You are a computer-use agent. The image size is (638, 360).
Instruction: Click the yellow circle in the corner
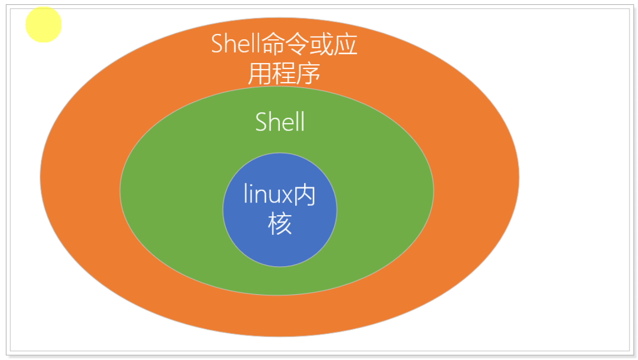[x=43, y=24]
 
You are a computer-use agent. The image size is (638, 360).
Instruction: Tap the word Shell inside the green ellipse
[x=280, y=122]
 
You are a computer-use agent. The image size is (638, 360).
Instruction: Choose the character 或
[x=323, y=45]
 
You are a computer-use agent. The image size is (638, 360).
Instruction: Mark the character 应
[x=347, y=45]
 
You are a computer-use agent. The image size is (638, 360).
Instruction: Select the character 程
[x=285, y=75]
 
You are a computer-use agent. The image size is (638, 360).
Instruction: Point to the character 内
[x=305, y=196]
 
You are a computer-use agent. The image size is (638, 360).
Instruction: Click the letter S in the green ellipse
[x=261, y=122]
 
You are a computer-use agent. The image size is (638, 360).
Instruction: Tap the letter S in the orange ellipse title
[x=218, y=44]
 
